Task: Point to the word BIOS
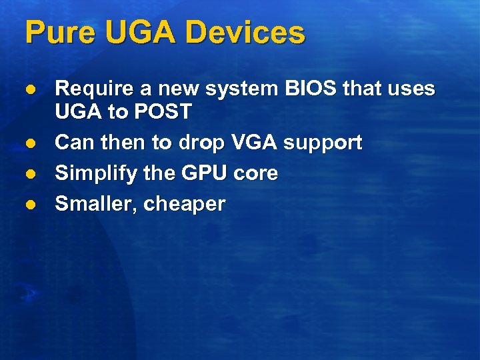pyautogui.click(x=310, y=88)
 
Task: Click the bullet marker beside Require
pyautogui.click(x=29, y=89)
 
